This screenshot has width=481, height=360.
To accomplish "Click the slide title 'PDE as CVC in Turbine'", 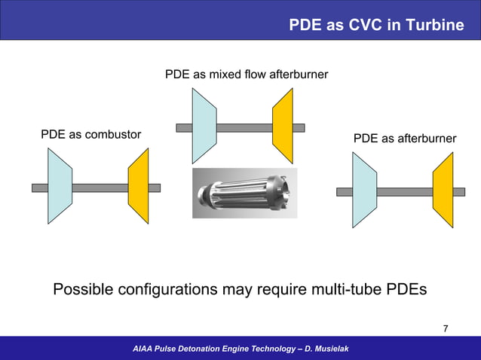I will tap(376, 25).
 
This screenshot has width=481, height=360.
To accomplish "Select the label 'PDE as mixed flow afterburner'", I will tap(246, 75).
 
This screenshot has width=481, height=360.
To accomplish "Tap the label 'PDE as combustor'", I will tap(90, 135).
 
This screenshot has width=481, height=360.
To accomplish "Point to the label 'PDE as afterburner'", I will tap(404, 139).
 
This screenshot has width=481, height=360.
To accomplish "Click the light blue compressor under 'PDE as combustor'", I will tap(60, 186).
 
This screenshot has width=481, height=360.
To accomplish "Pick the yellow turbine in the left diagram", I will tap(139, 186).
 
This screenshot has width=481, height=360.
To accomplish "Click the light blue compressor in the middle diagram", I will tap(204, 127).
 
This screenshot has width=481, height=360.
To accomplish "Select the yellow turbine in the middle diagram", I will tap(283, 127).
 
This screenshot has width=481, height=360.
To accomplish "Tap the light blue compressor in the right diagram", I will tap(364, 190).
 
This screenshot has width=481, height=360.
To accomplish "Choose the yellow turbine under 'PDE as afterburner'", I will tap(443, 190).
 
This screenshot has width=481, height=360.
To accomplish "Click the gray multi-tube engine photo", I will tap(244, 193).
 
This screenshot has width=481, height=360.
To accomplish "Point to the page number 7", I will tap(446, 328).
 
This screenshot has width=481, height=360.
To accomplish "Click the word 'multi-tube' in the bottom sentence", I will tap(349, 290).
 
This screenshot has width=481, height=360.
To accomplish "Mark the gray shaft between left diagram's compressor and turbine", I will tap(100, 188).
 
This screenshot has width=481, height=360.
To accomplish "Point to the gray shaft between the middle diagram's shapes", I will tap(244, 128).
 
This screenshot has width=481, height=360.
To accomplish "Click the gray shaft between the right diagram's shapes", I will tap(404, 191).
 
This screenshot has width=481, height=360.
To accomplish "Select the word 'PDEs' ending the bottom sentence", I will tap(407, 290).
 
